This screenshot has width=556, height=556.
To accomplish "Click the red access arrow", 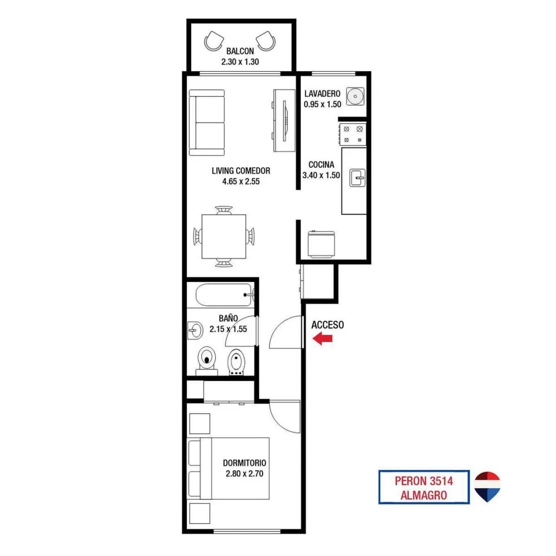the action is tap(322, 338).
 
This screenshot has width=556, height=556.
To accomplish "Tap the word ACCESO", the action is tap(328, 325).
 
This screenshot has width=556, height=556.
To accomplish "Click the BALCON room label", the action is tap(240, 51).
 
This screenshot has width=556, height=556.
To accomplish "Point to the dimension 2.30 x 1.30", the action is tap(240, 62).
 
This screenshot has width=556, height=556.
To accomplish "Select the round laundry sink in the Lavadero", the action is tap(355, 96).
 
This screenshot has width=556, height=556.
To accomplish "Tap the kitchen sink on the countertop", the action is tap(358, 178).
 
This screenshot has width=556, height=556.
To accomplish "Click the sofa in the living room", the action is tap(207, 123).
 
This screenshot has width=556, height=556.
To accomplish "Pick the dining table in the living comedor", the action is tap(224, 237).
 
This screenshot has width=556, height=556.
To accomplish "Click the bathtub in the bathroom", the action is tap(224, 295).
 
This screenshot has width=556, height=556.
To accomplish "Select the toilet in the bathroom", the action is tap(207, 361).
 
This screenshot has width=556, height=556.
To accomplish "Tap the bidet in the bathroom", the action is tap(237, 362).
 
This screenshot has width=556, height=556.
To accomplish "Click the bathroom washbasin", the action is tap(195, 330).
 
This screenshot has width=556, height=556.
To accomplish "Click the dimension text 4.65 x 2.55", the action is tap(241, 182).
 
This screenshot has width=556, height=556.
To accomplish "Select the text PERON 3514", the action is tap(424, 481).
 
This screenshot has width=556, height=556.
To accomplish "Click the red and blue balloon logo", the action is tap(487, 486).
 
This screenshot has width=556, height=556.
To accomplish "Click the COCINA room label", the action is tap(322, 165).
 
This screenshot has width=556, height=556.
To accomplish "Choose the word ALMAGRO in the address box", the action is tap(424, 495).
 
